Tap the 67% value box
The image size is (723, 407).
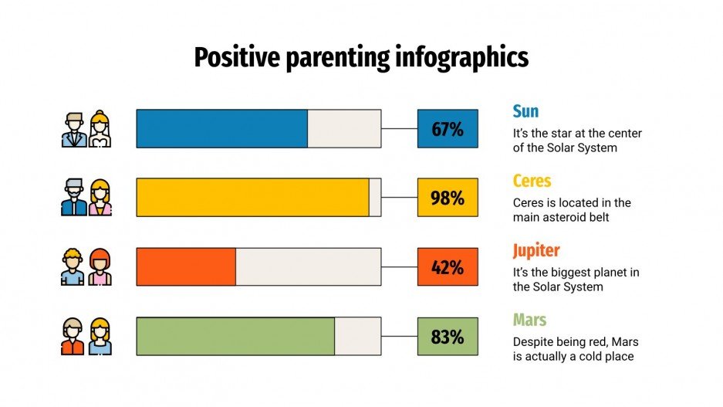448,129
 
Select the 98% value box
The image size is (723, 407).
448,198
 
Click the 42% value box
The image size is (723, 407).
448,267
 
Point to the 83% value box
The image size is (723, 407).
448,337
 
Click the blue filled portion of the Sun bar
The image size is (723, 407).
221,129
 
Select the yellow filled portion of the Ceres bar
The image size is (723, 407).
252,198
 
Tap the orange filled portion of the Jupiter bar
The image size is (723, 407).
186,267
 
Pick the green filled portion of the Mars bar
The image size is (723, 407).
235,337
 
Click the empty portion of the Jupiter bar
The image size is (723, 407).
308,267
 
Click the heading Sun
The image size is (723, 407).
526,111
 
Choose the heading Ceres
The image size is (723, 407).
532,181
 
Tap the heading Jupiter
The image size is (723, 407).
536,250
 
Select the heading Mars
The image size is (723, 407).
530,320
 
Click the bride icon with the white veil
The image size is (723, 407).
100,130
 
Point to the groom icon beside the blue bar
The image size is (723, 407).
73,130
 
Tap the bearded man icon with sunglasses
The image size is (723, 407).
73,198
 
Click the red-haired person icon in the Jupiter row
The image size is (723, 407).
100,267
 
